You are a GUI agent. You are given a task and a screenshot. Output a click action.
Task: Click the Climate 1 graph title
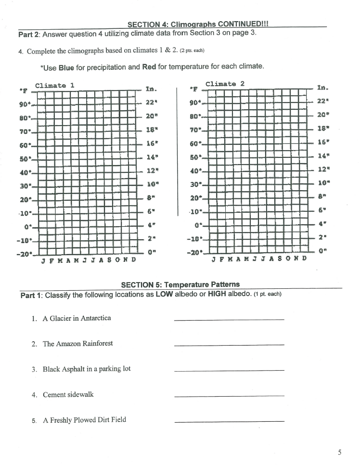(54, 85)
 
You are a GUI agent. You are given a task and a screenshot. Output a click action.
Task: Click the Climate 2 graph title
(225, 84)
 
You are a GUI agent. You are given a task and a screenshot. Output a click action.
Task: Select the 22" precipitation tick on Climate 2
(323, 101)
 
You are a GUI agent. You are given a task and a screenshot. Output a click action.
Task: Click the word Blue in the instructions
(67, 67)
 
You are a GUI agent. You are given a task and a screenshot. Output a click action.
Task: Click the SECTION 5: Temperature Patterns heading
(180, 284)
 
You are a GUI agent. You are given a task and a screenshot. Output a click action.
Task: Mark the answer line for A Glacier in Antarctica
(229, 320)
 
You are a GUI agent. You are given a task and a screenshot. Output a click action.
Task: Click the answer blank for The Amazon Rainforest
(229, 345)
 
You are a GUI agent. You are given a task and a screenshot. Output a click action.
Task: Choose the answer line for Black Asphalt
(229, 370)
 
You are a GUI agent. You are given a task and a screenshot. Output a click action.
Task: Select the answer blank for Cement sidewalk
(229, 396)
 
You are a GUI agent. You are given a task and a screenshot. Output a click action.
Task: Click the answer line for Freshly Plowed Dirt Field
(229, 422)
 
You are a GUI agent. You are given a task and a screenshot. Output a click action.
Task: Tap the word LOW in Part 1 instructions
(165, 294)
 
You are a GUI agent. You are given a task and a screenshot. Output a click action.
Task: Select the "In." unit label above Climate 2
(322, 88)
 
